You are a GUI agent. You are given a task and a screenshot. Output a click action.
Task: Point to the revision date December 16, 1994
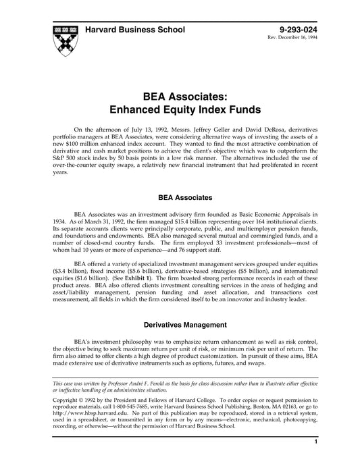point(303,38)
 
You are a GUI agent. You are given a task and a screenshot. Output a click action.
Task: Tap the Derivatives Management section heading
point(180,324)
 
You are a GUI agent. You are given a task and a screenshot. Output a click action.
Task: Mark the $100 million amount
point(78,144)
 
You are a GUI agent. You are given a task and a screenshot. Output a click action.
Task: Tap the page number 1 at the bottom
point(315,459)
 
